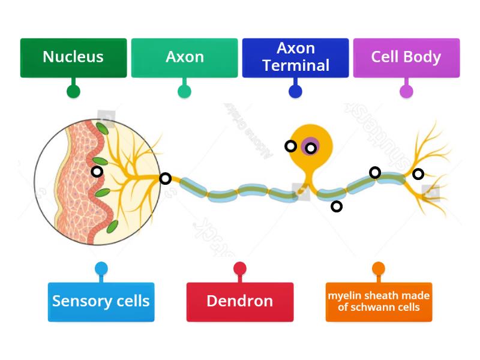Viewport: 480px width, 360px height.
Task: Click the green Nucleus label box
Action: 73,58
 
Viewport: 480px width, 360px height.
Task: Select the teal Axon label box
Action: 184,58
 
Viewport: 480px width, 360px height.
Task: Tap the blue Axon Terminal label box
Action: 295,58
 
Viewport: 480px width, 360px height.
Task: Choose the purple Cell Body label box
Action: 406,58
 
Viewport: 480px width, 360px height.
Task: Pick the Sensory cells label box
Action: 101,301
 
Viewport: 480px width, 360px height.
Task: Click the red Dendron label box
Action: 240,301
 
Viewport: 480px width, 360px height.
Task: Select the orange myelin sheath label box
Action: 379,301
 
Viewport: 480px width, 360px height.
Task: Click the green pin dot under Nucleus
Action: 73,92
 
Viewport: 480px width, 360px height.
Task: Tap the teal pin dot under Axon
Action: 184,92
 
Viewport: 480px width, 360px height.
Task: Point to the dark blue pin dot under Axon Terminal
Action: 295,92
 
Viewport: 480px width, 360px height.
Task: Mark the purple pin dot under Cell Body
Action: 406,92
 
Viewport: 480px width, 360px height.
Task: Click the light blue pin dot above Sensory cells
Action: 101,268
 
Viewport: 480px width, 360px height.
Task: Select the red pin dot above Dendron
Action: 240,268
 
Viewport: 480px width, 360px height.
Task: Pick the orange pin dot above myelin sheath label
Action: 379,268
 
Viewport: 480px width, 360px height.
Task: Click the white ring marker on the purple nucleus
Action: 311,148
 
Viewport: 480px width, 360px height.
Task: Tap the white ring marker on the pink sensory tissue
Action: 97,172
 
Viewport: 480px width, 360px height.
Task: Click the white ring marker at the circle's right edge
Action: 165,178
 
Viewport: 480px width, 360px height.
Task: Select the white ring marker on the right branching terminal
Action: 418,174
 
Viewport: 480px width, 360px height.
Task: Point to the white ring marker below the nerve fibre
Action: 337,206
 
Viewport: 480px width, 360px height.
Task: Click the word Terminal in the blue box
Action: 296,65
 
